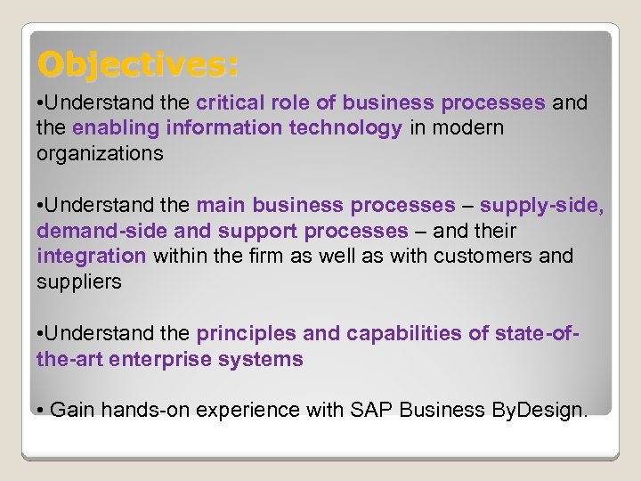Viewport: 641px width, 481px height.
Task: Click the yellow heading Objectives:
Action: coord(138,64)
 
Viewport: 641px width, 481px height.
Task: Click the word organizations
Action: coord(100,153)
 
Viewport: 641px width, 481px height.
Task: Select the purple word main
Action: coord(221,205)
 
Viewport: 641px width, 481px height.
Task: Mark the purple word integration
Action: coord(91,257)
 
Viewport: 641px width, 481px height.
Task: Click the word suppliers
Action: coord(79,281)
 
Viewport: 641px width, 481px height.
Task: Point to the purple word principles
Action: coord(247,333)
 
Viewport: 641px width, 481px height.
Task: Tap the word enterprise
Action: coord(182,359)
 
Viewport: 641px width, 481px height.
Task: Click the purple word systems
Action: coord(269,359)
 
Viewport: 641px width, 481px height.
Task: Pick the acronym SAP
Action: coord(371,410)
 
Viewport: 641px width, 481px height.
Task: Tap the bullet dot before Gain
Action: coord(41,410)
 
